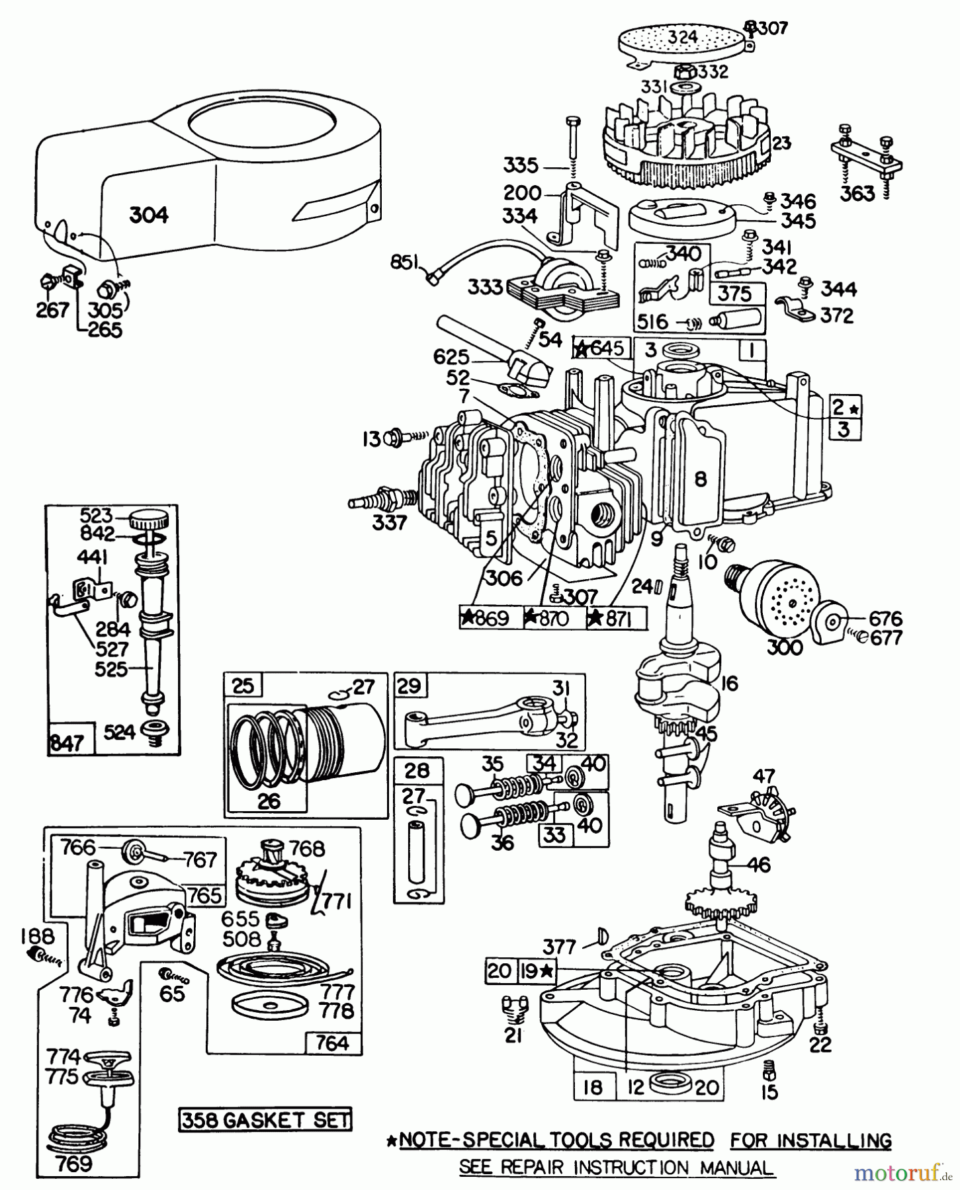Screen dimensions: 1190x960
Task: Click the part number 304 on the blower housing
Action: (148, 215)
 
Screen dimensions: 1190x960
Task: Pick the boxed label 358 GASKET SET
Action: (265, 1119)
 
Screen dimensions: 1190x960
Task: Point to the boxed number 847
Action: (65, 743)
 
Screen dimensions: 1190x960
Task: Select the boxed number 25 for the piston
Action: (243, 686)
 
